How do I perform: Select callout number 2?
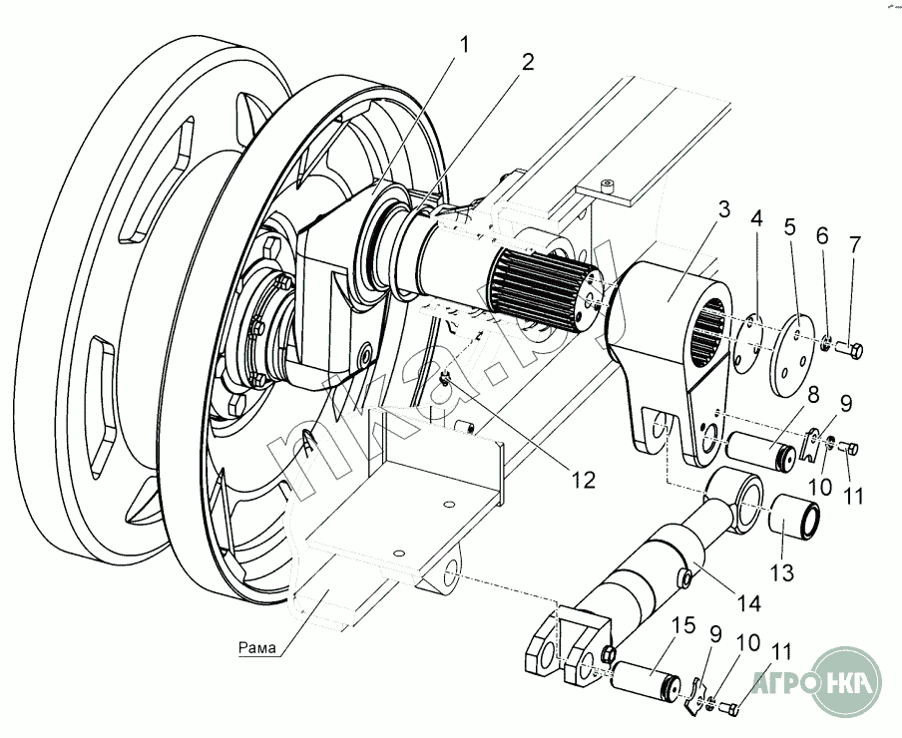point(526,61)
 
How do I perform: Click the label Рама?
point(258,648)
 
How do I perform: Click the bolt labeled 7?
point(852,350)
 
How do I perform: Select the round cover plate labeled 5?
point(791,346)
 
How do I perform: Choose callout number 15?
point(682,626)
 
